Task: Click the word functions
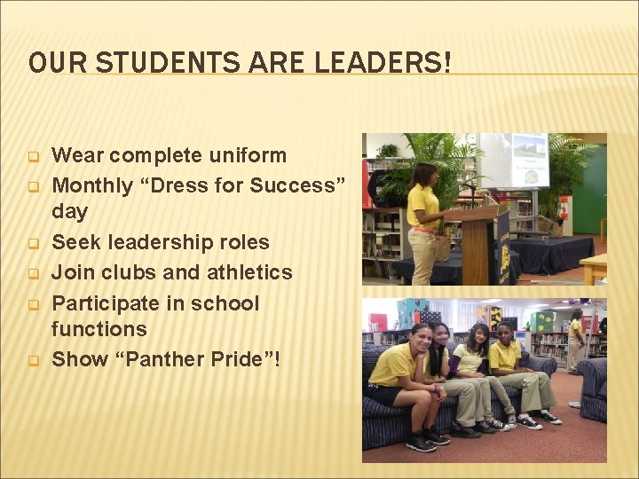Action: (x=99, y=329)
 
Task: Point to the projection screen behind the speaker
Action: (x=515, y=161)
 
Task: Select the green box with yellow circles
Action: (x=541, y=321)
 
